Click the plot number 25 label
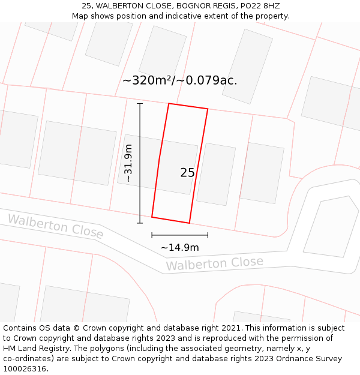pyautogui.click(x=187, y=173)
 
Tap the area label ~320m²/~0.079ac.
pyautogui.click(x=179, y=80)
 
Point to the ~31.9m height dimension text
pyautogui.click(x=128, y=163)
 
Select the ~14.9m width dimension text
pyautogui.click(x=179, y=247)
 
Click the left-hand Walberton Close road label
pyautogui.click(x=55, y=226)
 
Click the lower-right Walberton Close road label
pyautogui.click(x=214, y=263)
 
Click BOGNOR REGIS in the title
pyautogui.click(x=204, y=5)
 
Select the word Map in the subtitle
pyautogui.click(x=80, y=16)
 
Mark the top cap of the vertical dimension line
pyautogui.click(x=140, y=103)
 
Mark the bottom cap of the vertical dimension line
pyautogui.click(x=140, y=223)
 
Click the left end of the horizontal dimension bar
pyautogui.click(x=152, y=235)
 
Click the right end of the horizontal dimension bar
pyautogui.click(x=208, y=235)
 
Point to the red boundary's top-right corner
pyautogui.click(x=208, y=109)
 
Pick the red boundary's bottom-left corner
pyautogui.click(x=152, y=217)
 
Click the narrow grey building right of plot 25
pyautogui.click(x=216, y=174)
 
